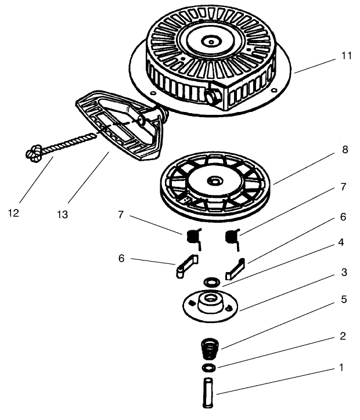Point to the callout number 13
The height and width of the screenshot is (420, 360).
point(62,214)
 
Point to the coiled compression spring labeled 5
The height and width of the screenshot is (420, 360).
point(208,352)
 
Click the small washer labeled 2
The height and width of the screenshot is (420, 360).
point(209,369)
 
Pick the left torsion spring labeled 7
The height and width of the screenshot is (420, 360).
point(193,237)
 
